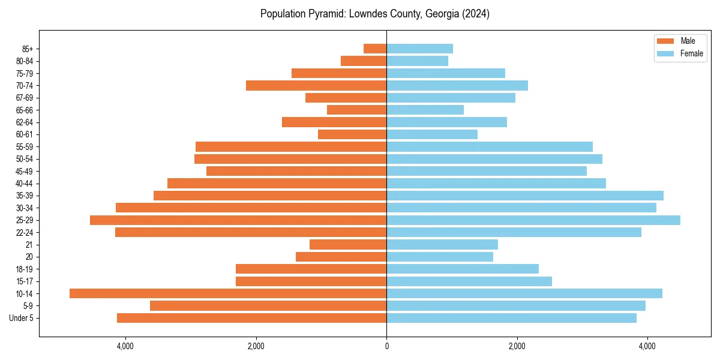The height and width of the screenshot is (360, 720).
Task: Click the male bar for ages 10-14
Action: point(228,293)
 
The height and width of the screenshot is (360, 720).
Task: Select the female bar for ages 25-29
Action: point(533,220)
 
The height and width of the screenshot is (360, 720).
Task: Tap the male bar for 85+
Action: point(375,49)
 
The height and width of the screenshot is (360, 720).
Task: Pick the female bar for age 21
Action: point(442,245)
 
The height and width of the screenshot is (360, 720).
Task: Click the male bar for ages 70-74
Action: point(316,85)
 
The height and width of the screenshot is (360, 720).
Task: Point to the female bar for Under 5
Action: point(511,318)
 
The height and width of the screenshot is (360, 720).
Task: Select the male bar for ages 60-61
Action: point(352,134)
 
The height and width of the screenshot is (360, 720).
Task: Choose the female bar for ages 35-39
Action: point(525,196)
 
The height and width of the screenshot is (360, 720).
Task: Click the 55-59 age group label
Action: point(25,147)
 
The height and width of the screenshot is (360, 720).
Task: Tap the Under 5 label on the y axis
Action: point(21,318)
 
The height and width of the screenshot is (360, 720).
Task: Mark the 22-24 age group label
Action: point(25,233)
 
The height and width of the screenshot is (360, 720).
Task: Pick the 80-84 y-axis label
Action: point(25,61)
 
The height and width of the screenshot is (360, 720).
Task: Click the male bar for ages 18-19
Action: point(311,269)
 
